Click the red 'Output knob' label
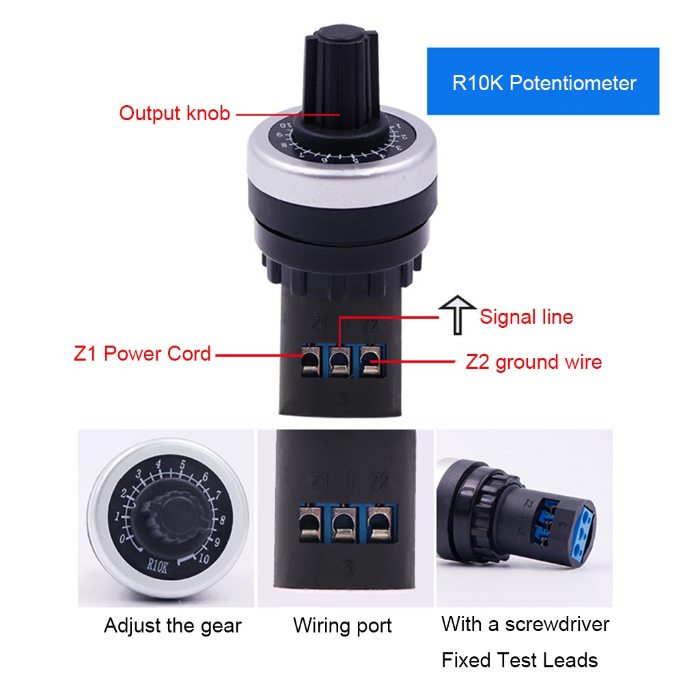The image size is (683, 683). [174, 113]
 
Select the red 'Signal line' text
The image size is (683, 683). [526, 317]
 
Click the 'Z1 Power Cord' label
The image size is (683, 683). [142, 354]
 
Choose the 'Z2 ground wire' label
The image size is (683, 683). [533, 361]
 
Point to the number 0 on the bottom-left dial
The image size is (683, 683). [122, 538]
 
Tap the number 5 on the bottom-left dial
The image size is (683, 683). [182, 466]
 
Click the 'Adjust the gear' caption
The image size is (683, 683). [172, 625]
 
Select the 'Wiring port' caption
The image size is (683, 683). [342, 625]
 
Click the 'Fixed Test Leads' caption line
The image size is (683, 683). [519, 660]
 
